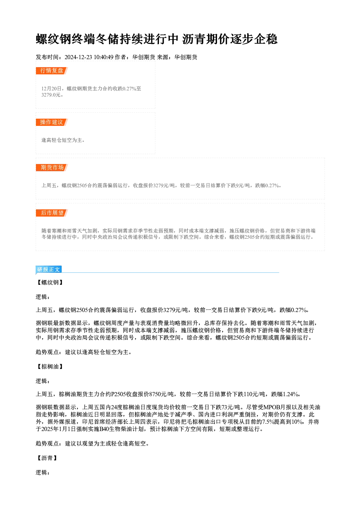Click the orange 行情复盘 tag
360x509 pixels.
click(x=52, y=71)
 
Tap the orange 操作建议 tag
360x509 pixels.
click(x=52, y=122)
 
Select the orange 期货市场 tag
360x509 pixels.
click(x=52, y=168)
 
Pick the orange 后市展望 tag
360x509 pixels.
click(x=52, y=213)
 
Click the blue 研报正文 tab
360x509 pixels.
click(x=49, y=270)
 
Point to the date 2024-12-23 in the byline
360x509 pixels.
click(x=78, y=57)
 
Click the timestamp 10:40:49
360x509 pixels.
click(x=103, y=57)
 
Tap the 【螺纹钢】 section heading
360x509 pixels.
click(x=50, y=283)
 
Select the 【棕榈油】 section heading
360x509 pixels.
click(x=50, y=366)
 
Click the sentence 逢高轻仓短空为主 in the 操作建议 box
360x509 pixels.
click(x=62, y=140)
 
